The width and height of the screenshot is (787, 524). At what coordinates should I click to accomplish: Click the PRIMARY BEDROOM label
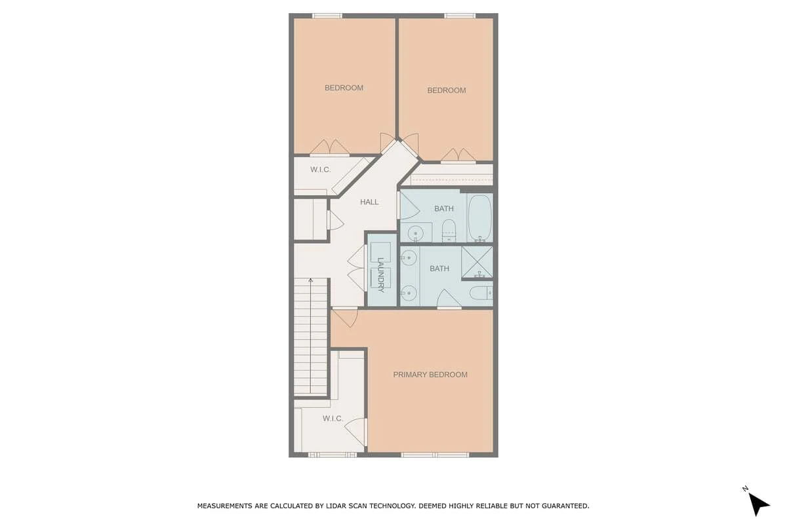click(430, 375)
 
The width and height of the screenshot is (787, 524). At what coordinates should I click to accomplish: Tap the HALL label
click(369, 202)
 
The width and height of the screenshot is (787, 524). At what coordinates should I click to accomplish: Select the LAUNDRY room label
click(380, 275)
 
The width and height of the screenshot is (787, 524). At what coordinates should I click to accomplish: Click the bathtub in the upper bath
click(479, 217)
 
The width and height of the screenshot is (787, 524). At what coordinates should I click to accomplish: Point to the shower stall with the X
click(477, 262)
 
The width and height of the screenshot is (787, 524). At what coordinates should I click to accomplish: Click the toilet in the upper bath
click(449, 231)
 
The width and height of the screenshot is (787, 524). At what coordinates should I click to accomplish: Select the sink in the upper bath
click(416, 233)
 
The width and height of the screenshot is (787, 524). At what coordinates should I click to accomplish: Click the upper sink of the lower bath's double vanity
click(409, 258)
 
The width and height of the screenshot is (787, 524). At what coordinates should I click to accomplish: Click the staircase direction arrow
click(311, 335)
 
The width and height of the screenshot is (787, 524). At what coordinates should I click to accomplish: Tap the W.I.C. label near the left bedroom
click(321, 170)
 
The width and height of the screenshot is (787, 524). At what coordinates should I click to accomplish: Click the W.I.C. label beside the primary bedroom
click(333, 419)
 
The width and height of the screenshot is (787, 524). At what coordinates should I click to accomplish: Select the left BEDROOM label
click(344, 88)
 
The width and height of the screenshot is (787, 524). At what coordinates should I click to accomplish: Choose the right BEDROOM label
click(447, 90)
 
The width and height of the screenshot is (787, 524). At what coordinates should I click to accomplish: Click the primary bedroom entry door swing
click(346, 318)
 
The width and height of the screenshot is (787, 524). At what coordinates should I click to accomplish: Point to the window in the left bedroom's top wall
click(327, 16)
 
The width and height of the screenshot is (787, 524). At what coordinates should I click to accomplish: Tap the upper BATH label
click(444, 208)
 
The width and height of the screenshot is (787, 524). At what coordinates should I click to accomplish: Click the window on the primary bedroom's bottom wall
click(435, 455)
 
